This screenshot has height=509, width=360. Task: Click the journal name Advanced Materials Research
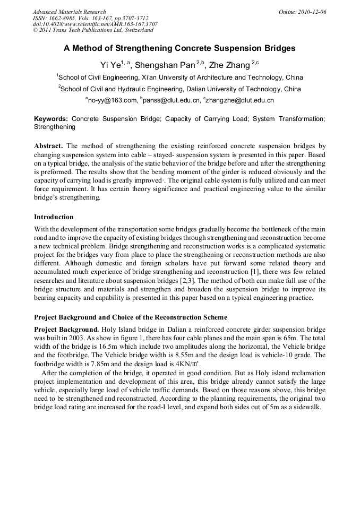[69, 12]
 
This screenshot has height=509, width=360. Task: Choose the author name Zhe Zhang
[231, 65]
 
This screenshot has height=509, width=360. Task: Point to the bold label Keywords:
[51, 119]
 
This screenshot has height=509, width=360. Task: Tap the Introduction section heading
[54, 217]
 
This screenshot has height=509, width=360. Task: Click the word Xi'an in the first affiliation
[151, 77]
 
